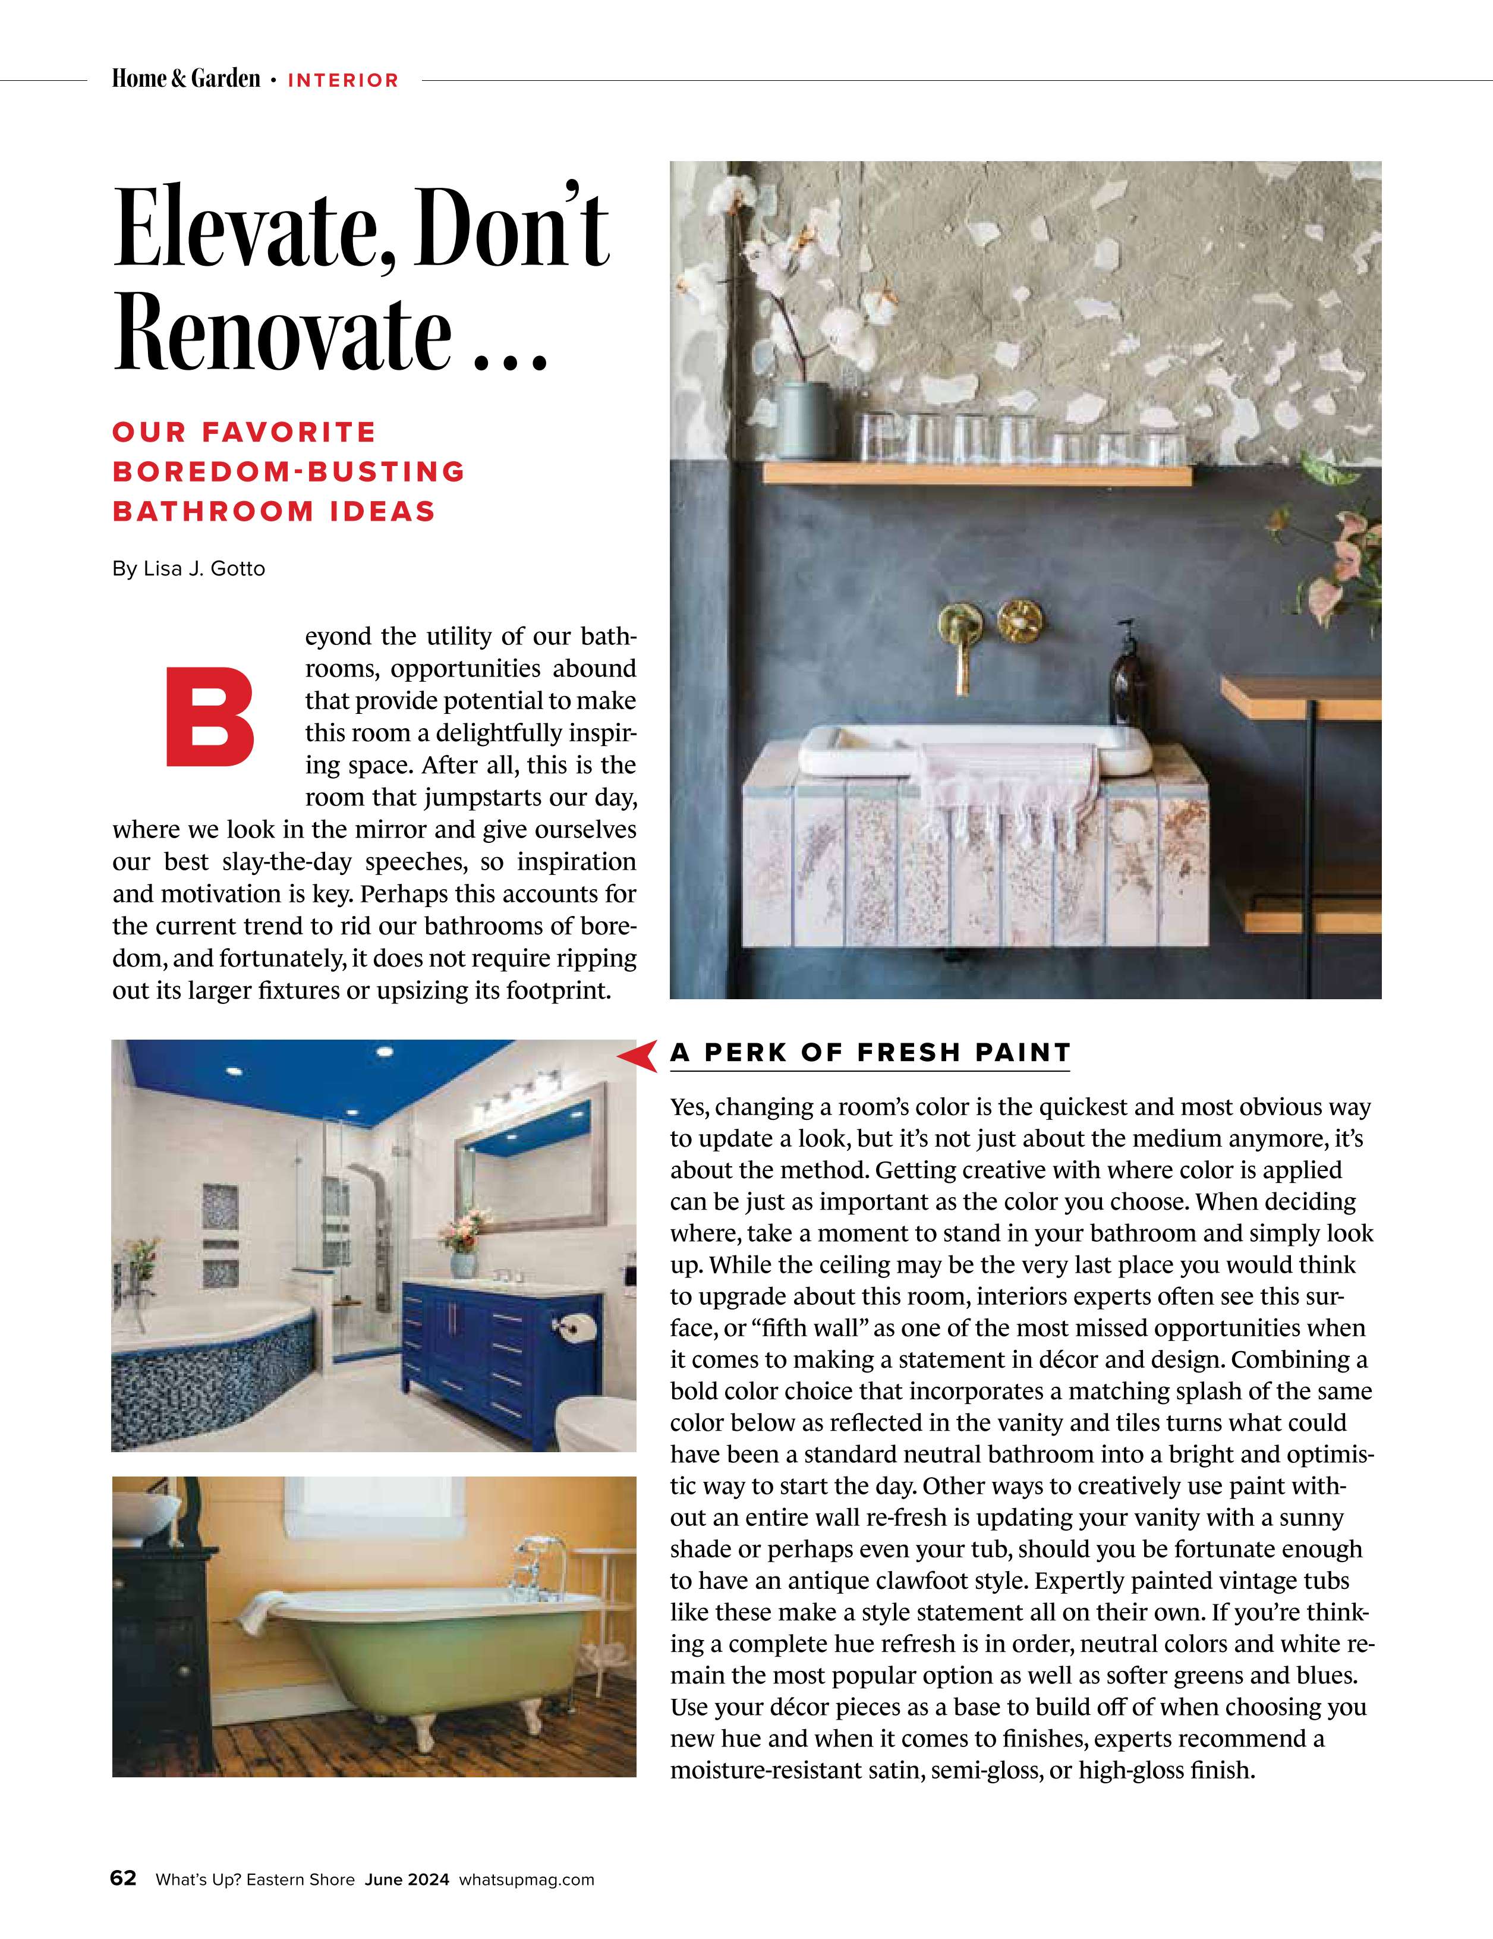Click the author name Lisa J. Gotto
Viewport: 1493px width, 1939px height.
click(x=204, y=568)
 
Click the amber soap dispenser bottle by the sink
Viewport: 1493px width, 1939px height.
click(x=1127, y=685)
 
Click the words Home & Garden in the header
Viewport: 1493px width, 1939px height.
click(x=187, y=80)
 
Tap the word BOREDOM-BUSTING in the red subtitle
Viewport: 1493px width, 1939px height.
click(x=288, y=471)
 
